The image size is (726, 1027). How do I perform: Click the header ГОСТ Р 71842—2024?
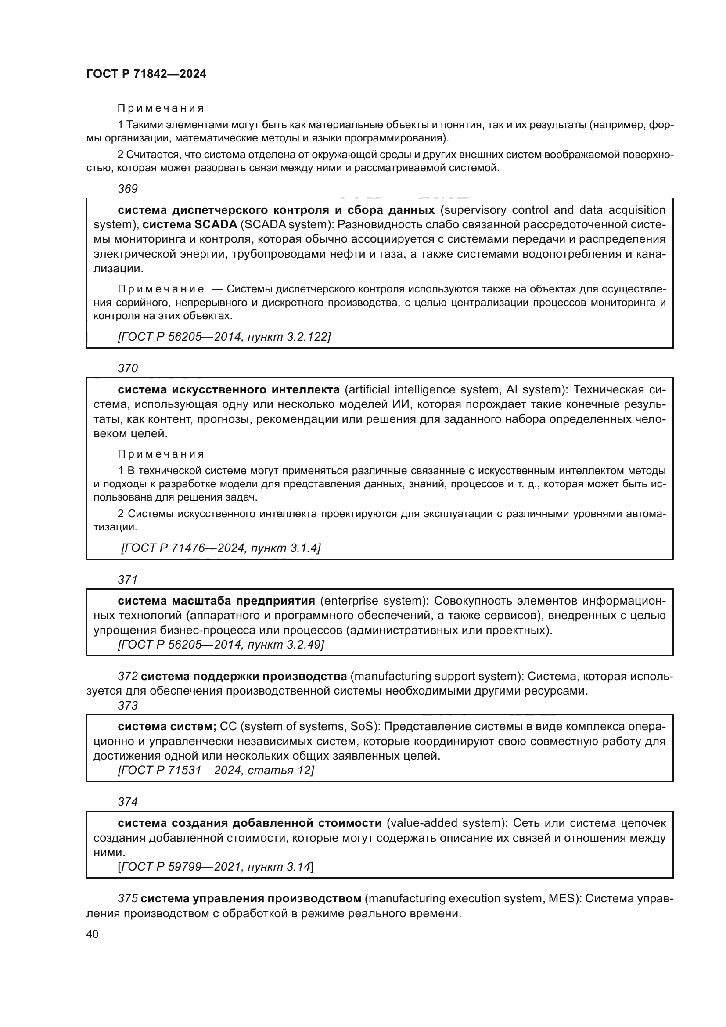click(x=146, y=74)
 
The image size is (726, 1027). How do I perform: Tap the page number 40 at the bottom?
click(x=93, y=934)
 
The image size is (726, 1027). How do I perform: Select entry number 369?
click(x=128, y=189)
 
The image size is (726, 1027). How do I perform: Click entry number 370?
click(x=128, y=368)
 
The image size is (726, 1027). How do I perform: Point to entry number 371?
click(x=128, y=579)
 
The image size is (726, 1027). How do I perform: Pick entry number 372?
click(x=128, y=676)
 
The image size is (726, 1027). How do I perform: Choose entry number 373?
click(x=128, y=706)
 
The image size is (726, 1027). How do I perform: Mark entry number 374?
click(x=128, y=802)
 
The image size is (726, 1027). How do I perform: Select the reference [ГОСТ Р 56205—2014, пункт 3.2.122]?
click(x=224, y=336)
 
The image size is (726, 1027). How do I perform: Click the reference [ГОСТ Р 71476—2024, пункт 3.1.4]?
click(x=221, y=548)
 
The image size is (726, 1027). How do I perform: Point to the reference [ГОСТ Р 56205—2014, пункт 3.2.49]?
click(x=221, y=645)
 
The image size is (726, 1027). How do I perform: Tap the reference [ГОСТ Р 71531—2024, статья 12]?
click(x=216, y=770)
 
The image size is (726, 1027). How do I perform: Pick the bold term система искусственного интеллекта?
click(x=228, y=389)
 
